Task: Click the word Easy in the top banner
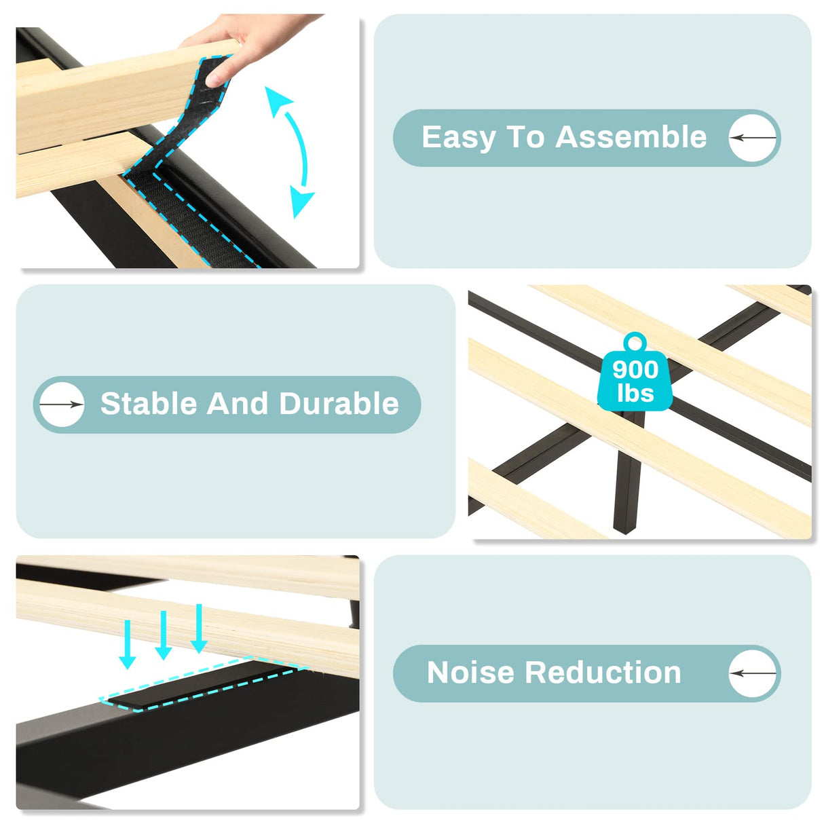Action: coord(459,138)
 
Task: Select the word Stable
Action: coord(149,404)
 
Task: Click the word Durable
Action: coord(339,404)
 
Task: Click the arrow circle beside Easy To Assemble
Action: coord(753,138)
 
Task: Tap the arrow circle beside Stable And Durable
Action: coord(61,405)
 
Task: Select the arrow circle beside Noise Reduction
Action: coord(753,673)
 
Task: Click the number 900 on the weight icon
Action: coord(635,370)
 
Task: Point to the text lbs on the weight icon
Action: coord(635,394)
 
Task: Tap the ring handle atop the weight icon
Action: coord(635,341)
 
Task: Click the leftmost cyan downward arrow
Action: coord(127,645)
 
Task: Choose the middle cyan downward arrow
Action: coord(163,636)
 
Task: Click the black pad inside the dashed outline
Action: coord(197,686)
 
